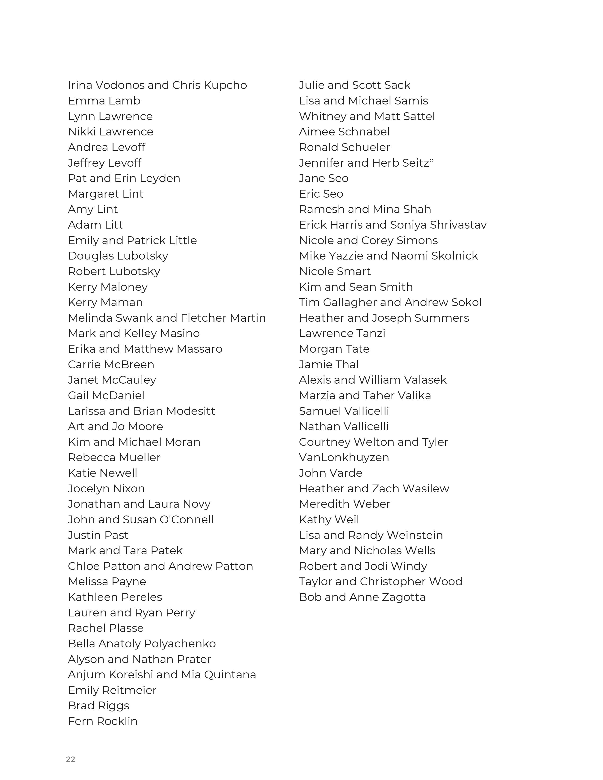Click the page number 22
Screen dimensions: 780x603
coord(70,759)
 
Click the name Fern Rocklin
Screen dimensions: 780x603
coord(103,721)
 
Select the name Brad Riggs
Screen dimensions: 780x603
coord(99,706)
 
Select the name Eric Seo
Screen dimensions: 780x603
coord(321,194)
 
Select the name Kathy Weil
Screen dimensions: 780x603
coord(329,520)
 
